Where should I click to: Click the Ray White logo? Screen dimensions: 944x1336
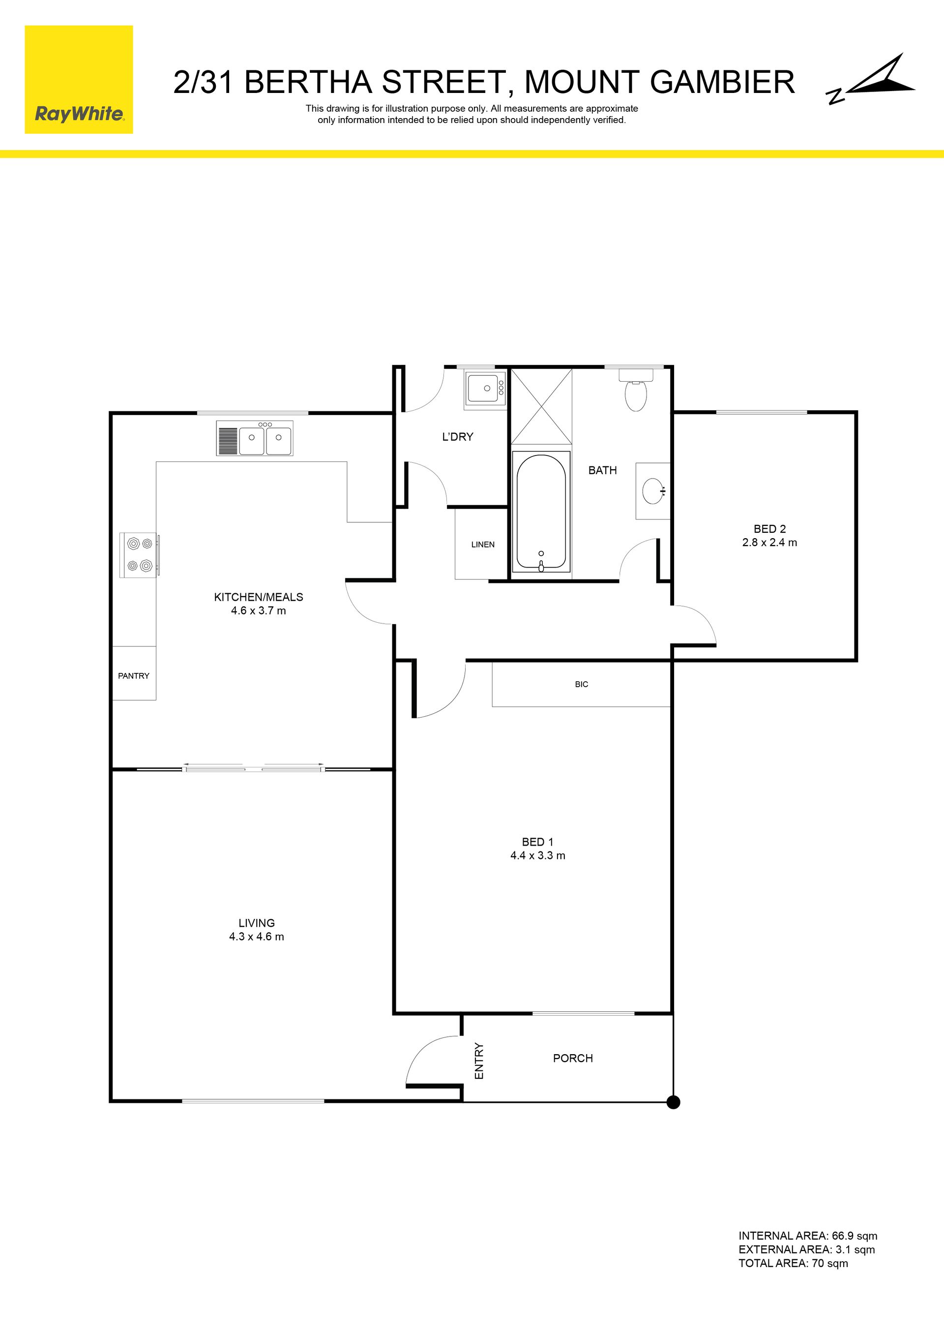[79, 80]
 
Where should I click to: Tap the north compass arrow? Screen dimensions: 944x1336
[871, 79]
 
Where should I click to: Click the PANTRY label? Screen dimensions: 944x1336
[134, 675]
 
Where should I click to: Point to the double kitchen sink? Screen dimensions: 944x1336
[255, 438]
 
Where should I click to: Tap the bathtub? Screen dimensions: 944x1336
[541, 512]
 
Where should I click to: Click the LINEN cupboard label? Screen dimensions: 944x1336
[483, 545]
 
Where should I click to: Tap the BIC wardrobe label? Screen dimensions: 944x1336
[582, 684]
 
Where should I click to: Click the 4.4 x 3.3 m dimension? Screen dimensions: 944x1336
[538, 855]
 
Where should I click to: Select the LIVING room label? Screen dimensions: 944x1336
[257, 923]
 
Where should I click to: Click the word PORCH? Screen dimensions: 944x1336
[573, 1059]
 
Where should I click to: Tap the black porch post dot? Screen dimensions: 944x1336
[673, 1102]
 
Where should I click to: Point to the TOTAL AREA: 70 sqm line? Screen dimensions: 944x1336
[794, 1263]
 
